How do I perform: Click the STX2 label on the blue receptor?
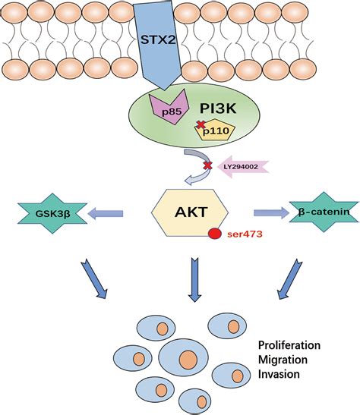click(x=158, y=39)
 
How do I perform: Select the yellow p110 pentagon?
click(x=216, y=130)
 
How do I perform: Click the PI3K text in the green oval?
click(x=218, y=108)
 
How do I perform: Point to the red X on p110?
click(x=201, y=124)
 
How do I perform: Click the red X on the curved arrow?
click(x=207, y=166)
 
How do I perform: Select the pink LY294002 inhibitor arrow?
click(x=243, y=167)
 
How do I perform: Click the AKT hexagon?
click(x=190, y=212)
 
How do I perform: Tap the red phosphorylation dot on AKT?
click(x=215, y=234)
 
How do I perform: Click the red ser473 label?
click(x=245, y=234)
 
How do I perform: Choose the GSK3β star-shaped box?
click(x=52, y=213)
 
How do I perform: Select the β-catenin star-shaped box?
click(x=324, y=212)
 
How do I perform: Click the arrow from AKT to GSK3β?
click(x=106, y=213)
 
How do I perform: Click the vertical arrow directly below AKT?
click(x=194, y=280)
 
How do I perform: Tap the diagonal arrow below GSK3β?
click(x=94, y=280)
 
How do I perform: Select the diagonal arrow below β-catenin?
click(x=290, y=279)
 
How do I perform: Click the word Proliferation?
click(x=289, y=345)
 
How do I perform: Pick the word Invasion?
click(x=279, y=374)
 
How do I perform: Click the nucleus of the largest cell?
click(x=188, y=360)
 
